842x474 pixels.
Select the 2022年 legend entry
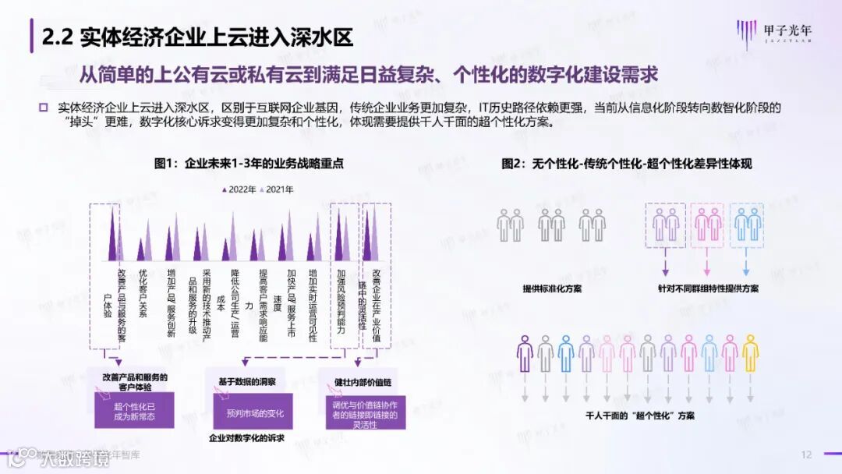tap(240, 189)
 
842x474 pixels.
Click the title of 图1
tap(249, 164)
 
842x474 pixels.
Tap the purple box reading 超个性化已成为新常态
tap(134, 411)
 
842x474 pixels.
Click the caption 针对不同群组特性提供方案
tap(708, 288)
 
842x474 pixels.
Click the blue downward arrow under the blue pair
tap(746, 267)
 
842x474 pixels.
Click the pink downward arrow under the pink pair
tap(708, 267)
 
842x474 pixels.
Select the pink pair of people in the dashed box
tap(708, 225)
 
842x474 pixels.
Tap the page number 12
tap(807, 455)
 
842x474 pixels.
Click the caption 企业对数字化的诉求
tap(249, 438)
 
